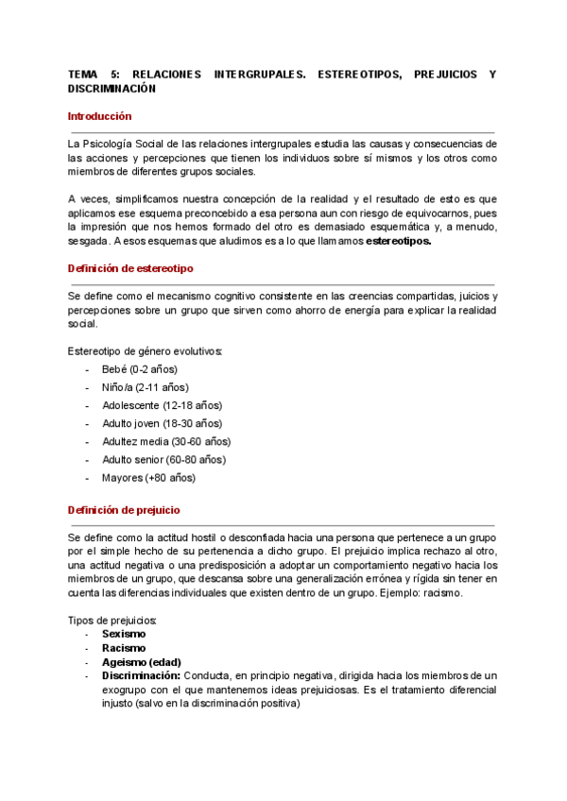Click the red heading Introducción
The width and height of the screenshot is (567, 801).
point(100,116)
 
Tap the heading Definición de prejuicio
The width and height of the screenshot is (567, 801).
point(124,509)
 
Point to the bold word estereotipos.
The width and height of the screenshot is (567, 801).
point(398,241)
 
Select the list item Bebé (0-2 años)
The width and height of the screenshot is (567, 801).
point(140,369)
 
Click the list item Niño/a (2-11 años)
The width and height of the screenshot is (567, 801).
point(145,387)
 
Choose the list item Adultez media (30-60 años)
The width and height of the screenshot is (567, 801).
point(166,441)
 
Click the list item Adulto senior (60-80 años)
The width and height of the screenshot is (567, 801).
point(163,459)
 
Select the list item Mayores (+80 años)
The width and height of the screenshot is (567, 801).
point(149,477)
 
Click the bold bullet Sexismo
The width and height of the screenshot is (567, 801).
point(124,635)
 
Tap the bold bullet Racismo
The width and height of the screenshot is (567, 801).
point(124,648)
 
